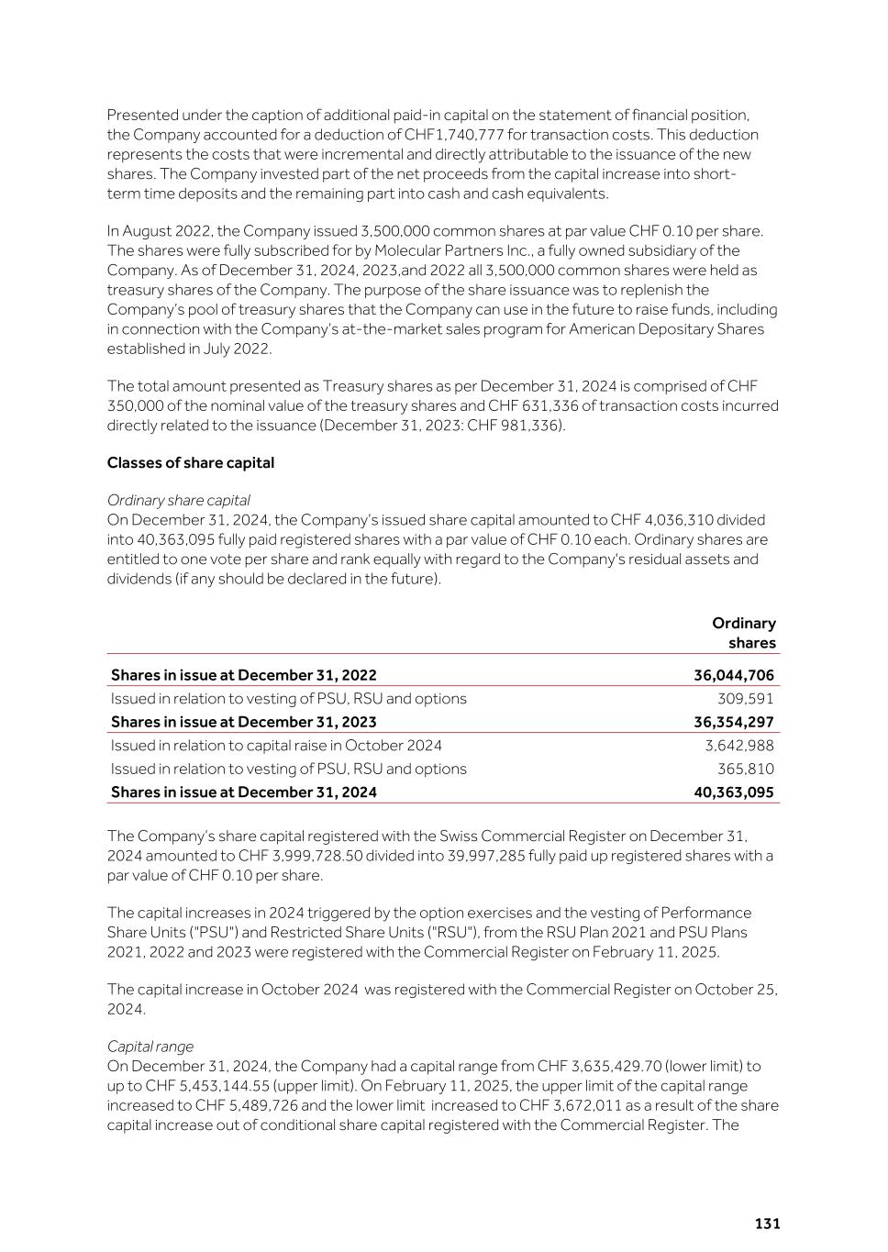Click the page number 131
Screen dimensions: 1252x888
(x=767, y=1224)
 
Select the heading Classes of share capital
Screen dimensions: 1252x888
(x=191, y=462)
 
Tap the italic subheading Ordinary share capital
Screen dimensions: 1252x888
(x=178, y=500)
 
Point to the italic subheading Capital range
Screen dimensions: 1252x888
(x=150, y=1047)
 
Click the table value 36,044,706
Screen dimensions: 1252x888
(x=733, y=675)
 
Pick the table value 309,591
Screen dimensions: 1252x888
(x=745, y=699)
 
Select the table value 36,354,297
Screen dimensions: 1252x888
(x=733, y=722)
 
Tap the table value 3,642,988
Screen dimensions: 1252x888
(x=738, y=746)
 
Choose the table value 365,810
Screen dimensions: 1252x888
(x=745, y=769)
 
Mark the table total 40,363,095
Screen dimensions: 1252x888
(x=733, y=792)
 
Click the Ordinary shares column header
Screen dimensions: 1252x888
(x=744, y=633)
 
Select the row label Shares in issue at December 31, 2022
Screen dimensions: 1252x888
(x=243, y=675)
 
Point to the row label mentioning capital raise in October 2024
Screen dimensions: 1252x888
(x=276, y=746)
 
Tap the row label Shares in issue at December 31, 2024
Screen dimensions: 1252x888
(x=243, y=792)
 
